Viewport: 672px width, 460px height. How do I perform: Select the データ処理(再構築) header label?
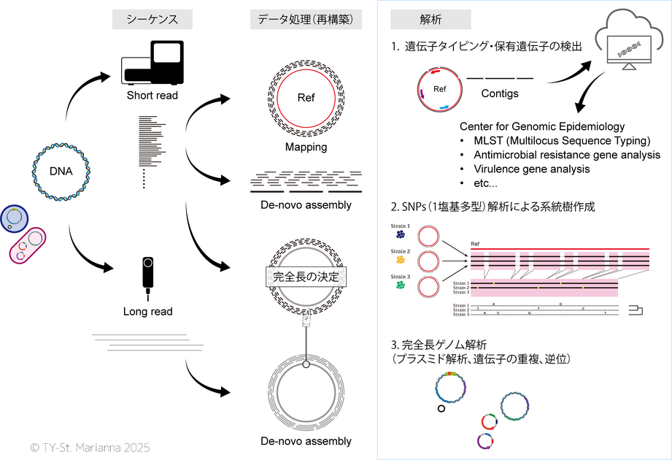pyautogui.click(x=306, y=20)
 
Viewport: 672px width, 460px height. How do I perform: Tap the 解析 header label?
pyautogui.click(x=411, y=20)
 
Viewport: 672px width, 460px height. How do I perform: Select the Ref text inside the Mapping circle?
pyautogui.click(x=306, y=99)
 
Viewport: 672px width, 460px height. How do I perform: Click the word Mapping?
pyautogui.click(x=306, y=147)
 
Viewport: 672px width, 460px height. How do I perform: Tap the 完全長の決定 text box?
pyautogui.click(x=306, y=277)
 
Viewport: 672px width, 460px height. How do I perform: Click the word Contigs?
pyautogui.click(x=500, y=93)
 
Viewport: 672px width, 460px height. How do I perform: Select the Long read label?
pyautogui.click(x=149, y=312)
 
